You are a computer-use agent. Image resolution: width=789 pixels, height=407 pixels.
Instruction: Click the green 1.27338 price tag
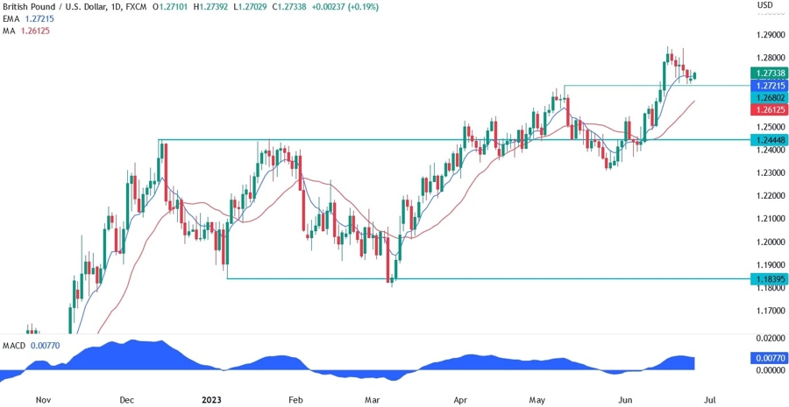[769, 74]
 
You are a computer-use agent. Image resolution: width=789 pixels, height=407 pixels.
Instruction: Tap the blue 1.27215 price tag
[769, 86]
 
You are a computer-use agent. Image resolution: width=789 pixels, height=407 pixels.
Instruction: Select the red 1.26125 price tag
[769, 110]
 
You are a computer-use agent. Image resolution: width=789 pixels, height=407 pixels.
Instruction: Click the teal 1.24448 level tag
[769, 139]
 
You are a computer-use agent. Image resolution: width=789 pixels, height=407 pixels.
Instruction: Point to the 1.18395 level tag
[769, 279]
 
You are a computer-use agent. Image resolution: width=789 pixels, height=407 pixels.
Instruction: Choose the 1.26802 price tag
[769, 98]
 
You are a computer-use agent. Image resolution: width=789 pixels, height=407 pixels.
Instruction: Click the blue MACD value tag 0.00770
[769, 359]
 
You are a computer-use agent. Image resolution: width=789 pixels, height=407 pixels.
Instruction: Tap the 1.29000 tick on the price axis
[769, 36]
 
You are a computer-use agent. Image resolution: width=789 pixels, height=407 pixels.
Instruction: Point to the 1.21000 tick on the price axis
[769, 219]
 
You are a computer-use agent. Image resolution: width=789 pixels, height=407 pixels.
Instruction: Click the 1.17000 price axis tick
[769, 311]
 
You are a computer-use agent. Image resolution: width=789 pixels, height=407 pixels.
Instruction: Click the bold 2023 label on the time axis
[211, 399]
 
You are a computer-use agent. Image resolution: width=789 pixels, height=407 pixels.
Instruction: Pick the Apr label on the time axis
[460, 399]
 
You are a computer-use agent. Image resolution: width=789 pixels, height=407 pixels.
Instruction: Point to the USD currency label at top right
[764, 5]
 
